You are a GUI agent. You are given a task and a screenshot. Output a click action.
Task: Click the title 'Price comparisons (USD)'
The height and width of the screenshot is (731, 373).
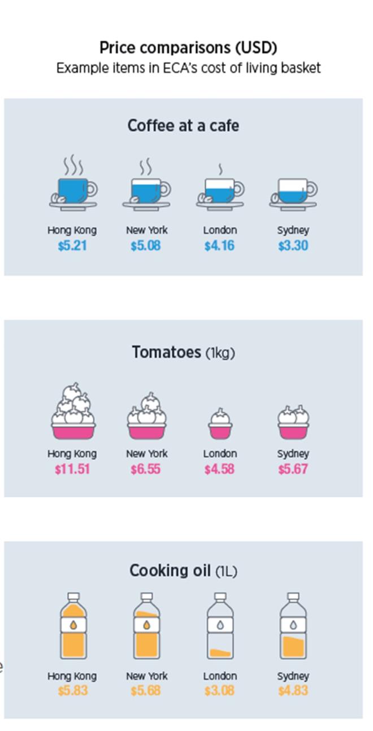coord(188,47)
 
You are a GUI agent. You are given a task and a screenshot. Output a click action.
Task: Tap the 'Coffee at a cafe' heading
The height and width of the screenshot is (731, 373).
coord(183,125)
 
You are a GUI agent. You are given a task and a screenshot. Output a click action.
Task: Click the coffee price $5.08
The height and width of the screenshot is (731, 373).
coord(145,246)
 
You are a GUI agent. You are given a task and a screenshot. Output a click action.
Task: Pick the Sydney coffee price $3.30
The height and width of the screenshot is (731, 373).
coord(293,246)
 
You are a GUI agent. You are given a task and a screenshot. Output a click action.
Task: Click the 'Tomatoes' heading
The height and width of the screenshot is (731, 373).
coord(166,352)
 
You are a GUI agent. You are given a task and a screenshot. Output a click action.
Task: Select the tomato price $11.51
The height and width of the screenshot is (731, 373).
coord(72,469)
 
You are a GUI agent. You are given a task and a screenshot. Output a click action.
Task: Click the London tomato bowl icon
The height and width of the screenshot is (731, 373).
coord(220,424)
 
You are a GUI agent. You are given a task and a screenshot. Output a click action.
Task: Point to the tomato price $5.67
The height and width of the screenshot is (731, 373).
coord(293,469)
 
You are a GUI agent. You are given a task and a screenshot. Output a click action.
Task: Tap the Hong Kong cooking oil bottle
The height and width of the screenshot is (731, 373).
coord(73,628)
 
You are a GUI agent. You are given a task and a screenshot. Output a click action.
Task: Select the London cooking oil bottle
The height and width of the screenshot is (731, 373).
coord(220,628)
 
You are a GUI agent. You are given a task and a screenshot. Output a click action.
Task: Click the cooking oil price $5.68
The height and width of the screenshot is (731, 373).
coord(145,691)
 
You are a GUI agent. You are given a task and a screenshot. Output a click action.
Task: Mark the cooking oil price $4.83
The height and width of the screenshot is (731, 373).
coord(293,691)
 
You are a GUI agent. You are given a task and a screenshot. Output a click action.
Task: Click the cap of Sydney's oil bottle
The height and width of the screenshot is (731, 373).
coord(293,597)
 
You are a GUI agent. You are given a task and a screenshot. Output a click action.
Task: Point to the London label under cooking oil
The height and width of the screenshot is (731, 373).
coord(220,676)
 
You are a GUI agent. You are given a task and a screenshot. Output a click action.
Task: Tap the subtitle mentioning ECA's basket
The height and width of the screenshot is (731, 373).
coord(188,68)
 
